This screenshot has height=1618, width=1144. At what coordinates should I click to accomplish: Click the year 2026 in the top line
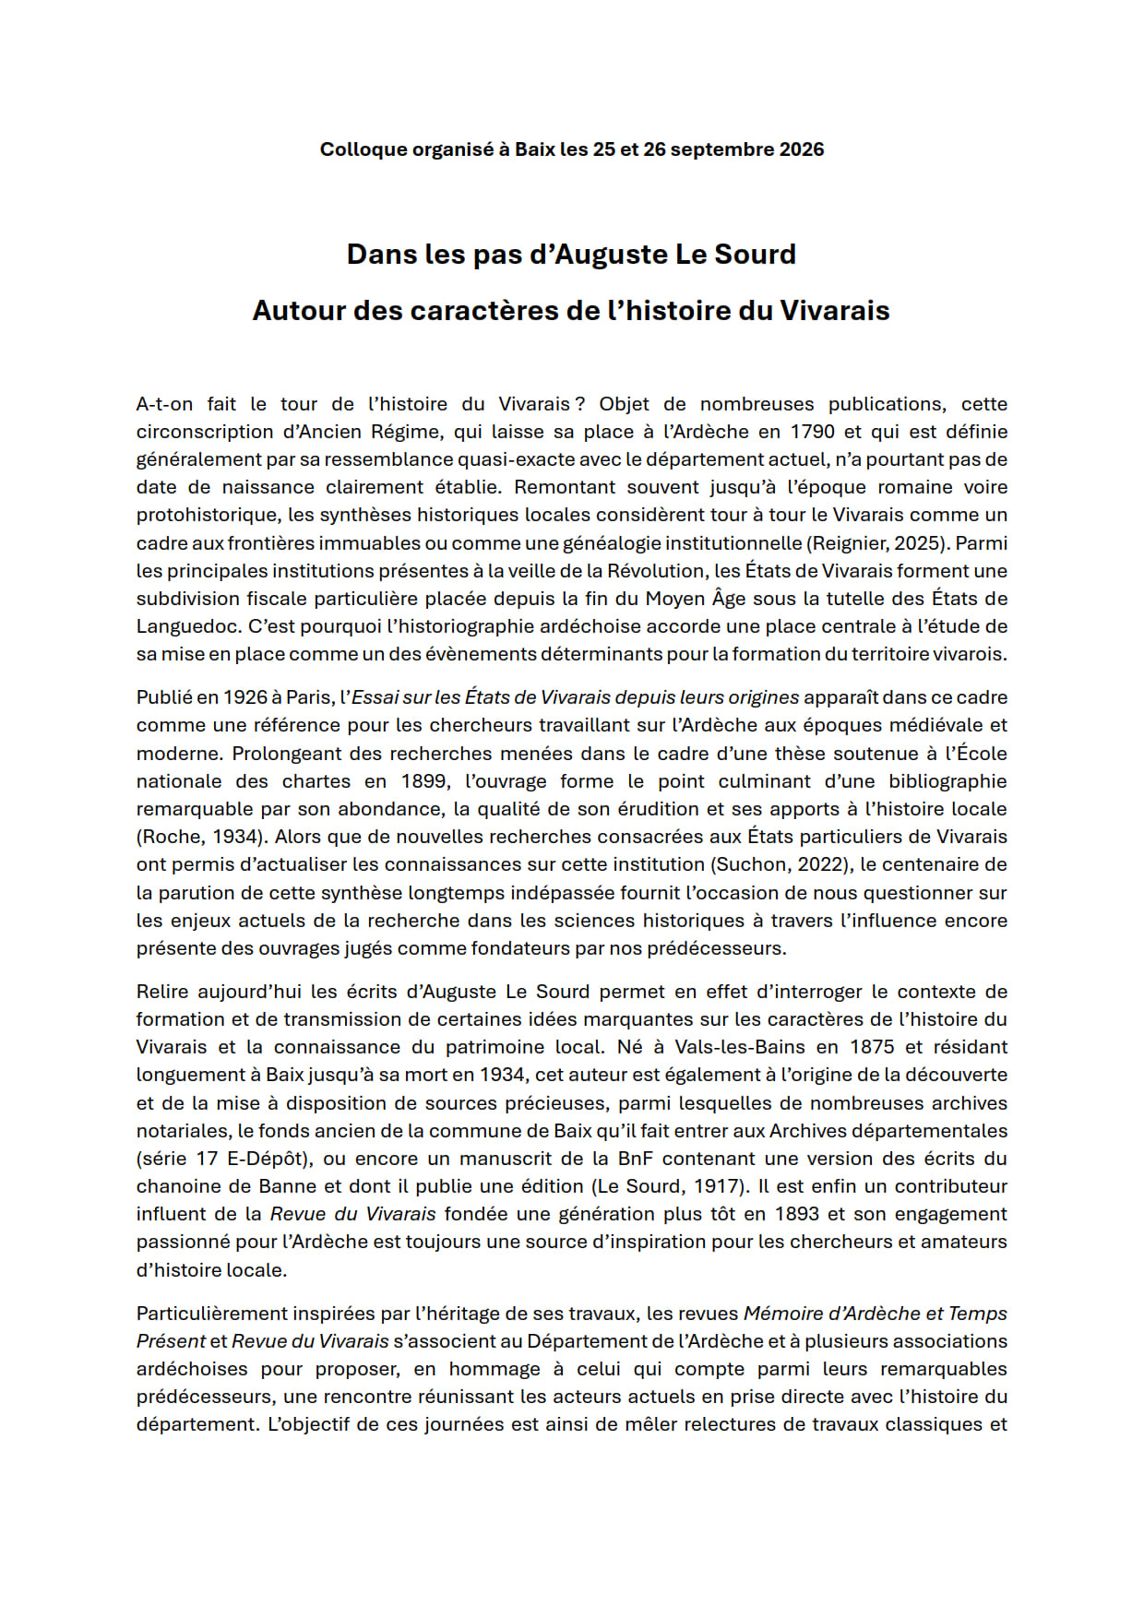point(802,149)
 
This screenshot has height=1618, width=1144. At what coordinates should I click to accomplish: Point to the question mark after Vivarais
point(579,404)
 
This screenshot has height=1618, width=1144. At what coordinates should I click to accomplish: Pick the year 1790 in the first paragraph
point(813,432)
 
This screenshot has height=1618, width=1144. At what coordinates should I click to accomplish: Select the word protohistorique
point(209,515)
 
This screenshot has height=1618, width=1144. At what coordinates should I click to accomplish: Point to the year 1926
point(244,697)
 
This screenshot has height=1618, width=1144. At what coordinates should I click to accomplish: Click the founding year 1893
point(797,1214)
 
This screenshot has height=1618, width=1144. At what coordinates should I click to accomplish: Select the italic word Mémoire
point(782,1314)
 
